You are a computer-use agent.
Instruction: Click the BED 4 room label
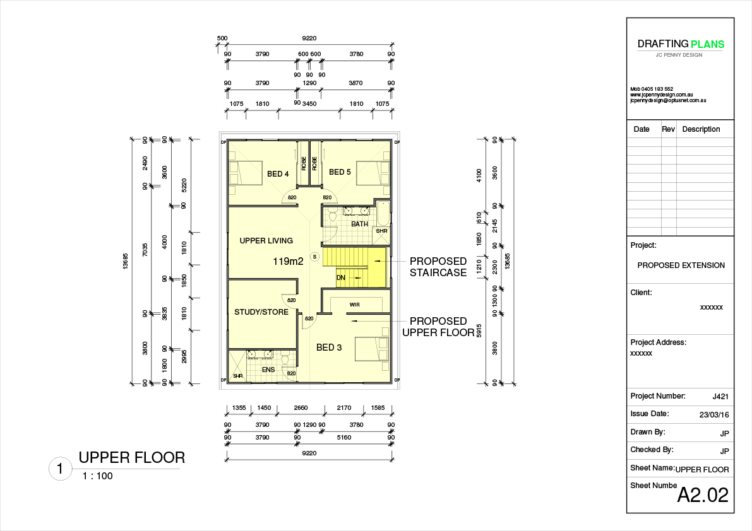point(278,174)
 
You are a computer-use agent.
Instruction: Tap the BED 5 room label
point(340,172)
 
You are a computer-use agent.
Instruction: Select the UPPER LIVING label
point(266,240)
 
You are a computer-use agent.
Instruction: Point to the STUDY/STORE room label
point(261,312)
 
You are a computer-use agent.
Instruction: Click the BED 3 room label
point(329,347)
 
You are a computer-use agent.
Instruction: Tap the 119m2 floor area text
point(288,262)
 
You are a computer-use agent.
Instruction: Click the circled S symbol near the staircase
point(314,257)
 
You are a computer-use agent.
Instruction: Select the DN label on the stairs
point(341,277)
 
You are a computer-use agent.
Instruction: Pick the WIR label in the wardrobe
point(354,305)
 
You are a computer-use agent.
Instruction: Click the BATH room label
point(360,224)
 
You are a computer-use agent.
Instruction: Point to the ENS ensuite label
point(268,370)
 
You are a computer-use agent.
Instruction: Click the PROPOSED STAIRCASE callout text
point(438,267)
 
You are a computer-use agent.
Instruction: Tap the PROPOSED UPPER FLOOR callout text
point(438,327)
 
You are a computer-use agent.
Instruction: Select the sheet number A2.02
point(703,495)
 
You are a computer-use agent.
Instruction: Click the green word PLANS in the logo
point(707,45)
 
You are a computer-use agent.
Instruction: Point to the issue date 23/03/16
point(714,415)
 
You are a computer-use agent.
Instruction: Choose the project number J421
point(720,397)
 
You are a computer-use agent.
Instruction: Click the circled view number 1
point(60,469)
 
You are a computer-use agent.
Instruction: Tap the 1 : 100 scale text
point(97,476)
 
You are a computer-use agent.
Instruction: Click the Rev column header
point(668,129)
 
